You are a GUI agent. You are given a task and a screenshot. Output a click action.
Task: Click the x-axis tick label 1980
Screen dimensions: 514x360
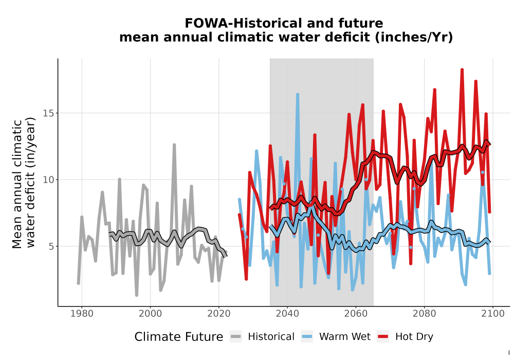pos(82,314)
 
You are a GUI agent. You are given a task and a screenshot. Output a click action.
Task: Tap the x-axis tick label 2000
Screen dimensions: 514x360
pos(150,314)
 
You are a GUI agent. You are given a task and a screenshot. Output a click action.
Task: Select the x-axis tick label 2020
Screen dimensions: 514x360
pos(218,314)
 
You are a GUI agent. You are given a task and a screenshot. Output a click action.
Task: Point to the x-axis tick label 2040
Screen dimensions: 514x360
pos(287,314)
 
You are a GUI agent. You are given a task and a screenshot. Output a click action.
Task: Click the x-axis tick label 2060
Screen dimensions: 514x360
pos(356,314)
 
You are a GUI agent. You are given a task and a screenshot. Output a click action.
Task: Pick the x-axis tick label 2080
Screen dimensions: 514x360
pos(424,314)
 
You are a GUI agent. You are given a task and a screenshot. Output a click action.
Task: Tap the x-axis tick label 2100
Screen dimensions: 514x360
pos(493,314)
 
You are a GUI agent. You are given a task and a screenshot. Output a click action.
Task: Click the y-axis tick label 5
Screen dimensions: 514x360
pos(51,246)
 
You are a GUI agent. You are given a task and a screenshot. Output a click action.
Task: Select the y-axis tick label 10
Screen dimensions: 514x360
pos(48,179)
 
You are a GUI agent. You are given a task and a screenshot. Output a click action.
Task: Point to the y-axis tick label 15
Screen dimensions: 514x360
pos(48,113)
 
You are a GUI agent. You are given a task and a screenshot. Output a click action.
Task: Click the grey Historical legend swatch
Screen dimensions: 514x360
pos(236,337)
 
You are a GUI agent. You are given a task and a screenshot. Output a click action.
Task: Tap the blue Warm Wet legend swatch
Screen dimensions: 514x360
pos(307,337)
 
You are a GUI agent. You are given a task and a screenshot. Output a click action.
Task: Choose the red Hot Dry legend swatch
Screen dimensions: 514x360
pos(383,337)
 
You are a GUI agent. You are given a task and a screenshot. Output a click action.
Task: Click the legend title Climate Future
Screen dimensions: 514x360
pos(179,337)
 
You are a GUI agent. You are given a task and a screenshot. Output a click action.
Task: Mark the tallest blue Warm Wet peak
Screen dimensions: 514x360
pos(298,95)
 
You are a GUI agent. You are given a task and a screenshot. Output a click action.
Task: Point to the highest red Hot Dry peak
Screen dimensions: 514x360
pos(462,70)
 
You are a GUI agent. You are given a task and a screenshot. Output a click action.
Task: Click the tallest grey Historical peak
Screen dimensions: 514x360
pos(174,145)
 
